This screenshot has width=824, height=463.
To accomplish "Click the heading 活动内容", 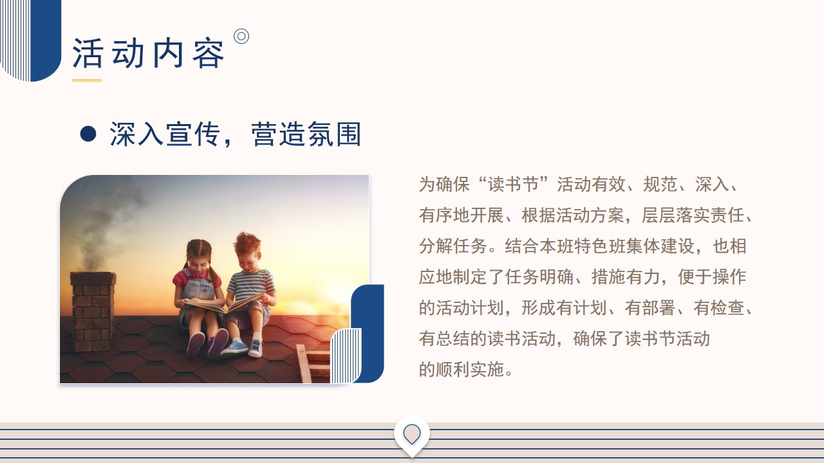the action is point(148,53).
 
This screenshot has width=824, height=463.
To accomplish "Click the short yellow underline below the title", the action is point(87,80).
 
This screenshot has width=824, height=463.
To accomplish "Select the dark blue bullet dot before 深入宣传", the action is point(88,134).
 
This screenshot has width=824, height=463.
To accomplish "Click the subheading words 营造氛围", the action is point(306,134).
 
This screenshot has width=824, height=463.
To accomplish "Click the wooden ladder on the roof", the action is point(313,363).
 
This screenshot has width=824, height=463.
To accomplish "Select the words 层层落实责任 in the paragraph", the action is point(693,215).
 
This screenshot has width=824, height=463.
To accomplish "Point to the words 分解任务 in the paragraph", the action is point(453,246).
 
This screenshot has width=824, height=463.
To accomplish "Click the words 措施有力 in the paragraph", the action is point(626,277).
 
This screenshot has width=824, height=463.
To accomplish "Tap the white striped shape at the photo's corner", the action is point(346,356).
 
